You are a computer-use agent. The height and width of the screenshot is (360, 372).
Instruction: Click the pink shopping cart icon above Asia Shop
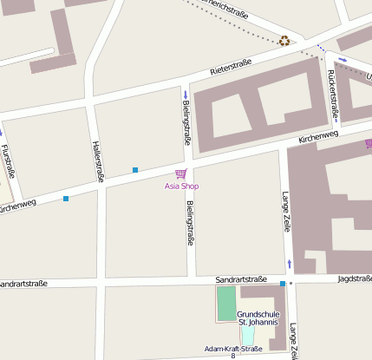click(180, 174)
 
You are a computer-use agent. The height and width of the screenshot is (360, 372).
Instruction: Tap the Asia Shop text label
click(180, 187)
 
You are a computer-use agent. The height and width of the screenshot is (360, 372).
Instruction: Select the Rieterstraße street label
click(231, 69)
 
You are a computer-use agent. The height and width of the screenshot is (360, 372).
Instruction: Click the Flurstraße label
click(8, 161)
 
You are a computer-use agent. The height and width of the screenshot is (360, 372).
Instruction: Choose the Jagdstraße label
click(355, 278)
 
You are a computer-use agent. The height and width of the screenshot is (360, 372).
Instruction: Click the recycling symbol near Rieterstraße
click(284, 40)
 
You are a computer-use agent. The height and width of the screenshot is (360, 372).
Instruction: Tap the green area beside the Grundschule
click(226, 304)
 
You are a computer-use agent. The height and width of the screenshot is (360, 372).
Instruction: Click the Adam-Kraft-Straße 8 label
click(232, 350)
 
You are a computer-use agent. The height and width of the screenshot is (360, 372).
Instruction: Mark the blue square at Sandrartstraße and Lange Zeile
click(283, 284)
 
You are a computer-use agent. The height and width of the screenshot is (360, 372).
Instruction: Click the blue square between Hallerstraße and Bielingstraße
click(135, 169)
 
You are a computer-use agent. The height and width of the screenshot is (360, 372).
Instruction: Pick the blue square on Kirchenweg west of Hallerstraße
click(66, 199)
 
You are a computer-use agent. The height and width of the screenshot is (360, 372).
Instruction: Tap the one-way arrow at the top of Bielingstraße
click(185, 95)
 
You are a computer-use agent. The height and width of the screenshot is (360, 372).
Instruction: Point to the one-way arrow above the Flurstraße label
click(2, 133)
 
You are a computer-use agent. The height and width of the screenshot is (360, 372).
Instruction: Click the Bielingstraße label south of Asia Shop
click(191, 222)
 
